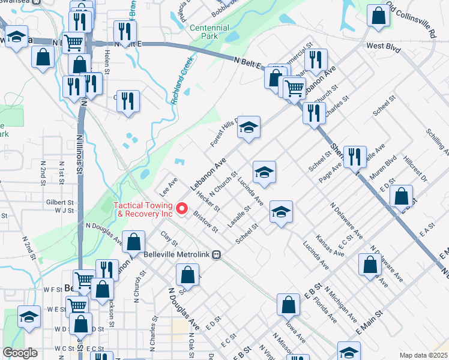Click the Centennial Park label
tap(209, 32)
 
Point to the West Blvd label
tap(383, 46)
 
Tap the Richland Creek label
tap(182, 80)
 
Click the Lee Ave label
tap(169, 186)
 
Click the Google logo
tap(20, 353)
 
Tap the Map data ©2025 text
tap(423, 355)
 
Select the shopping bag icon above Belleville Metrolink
tap(134, 242)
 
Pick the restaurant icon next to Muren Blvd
tap(355, 157)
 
